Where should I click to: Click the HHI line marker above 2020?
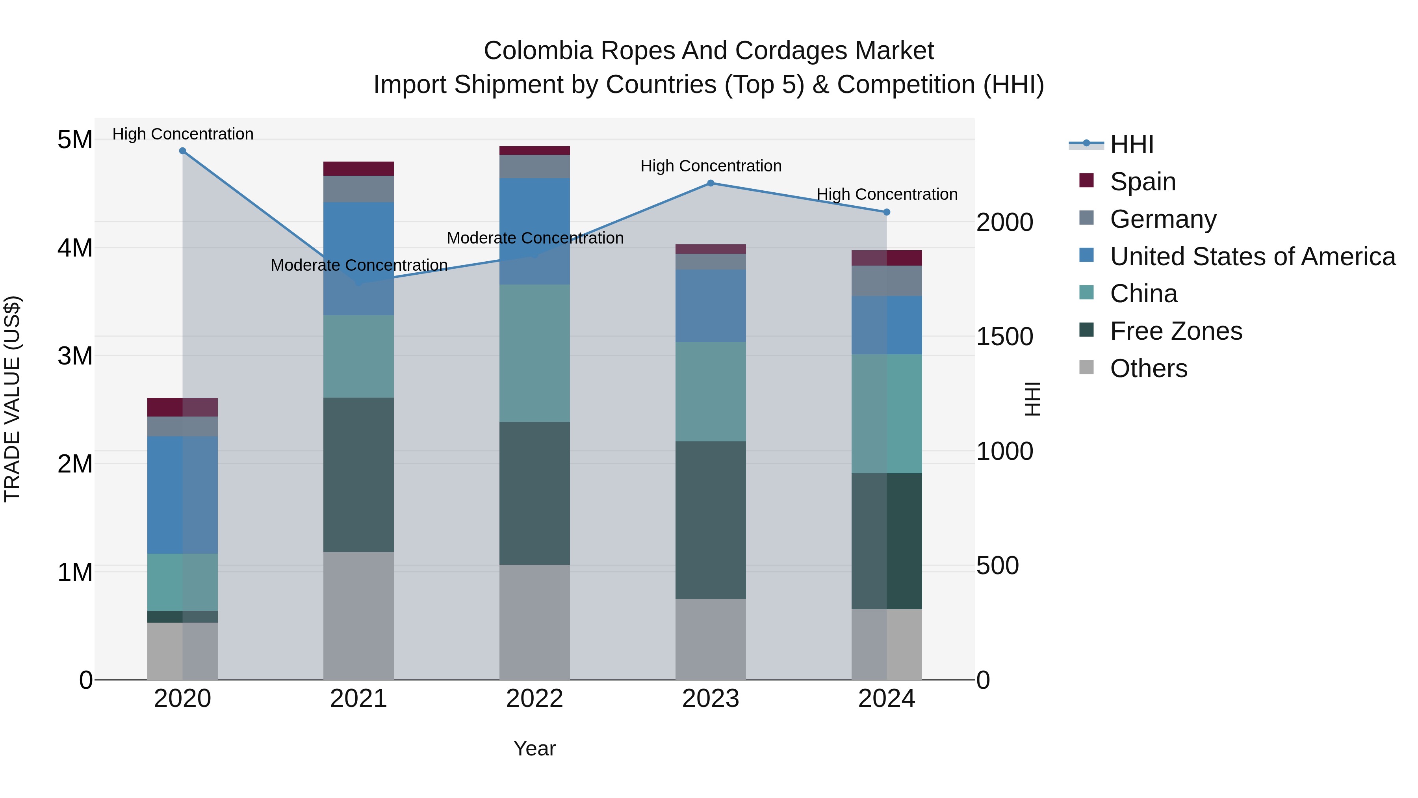point(183,151)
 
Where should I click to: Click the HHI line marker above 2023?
point(710,183)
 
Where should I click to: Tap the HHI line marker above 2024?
point(886,212)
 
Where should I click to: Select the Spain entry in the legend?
point(1142,182)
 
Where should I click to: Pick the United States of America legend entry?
point(1252,257)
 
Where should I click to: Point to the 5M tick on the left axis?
point(75,140)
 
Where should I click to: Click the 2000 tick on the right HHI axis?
point(1004,223)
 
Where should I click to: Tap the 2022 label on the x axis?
point(535,699)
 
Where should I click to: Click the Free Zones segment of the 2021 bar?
point(358,475)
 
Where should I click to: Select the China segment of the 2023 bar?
point(710,392)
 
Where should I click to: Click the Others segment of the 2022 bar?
point(535,622)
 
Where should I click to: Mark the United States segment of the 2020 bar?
point(183,495)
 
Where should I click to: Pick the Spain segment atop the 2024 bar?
point(886,258)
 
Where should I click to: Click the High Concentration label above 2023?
point(711,166)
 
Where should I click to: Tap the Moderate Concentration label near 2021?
point(359,265)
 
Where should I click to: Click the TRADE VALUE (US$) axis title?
point(12,399)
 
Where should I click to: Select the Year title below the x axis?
point(535,748)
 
